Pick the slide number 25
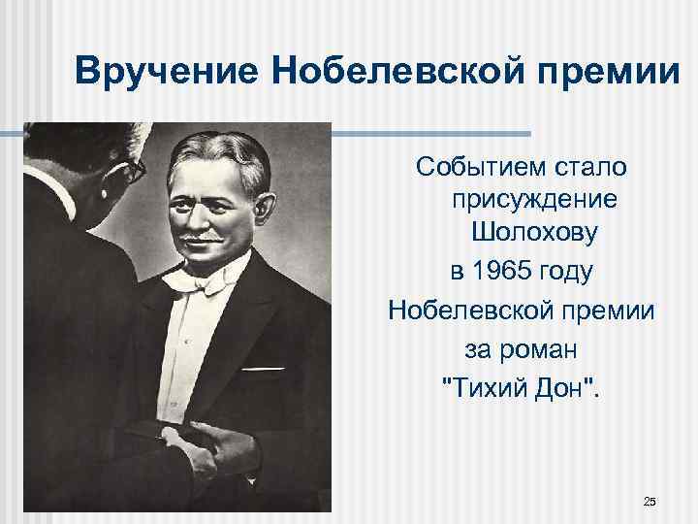(x=650, y=501)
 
